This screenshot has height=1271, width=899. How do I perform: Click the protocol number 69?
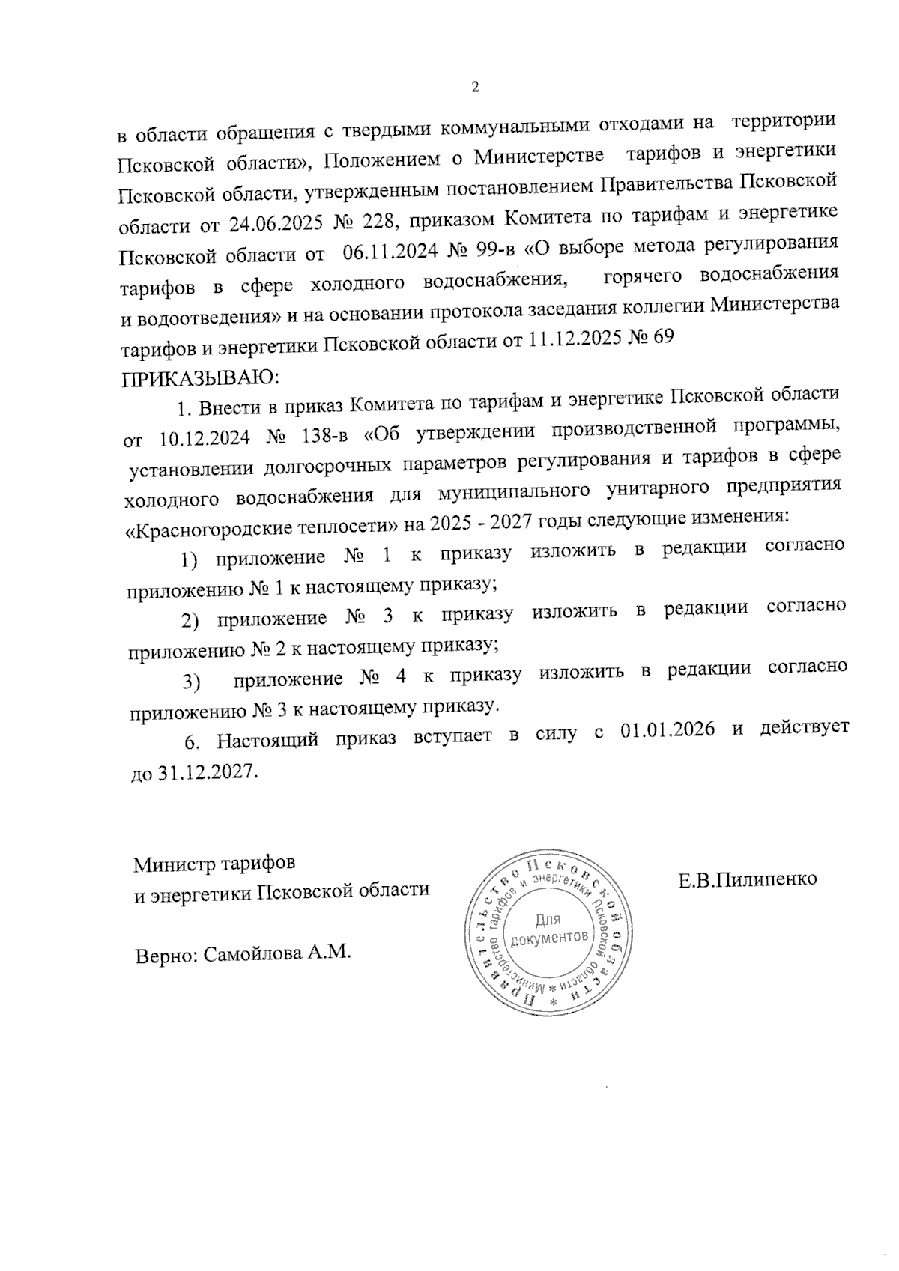point(664,337)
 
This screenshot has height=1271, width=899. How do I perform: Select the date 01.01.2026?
point(668,729)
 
